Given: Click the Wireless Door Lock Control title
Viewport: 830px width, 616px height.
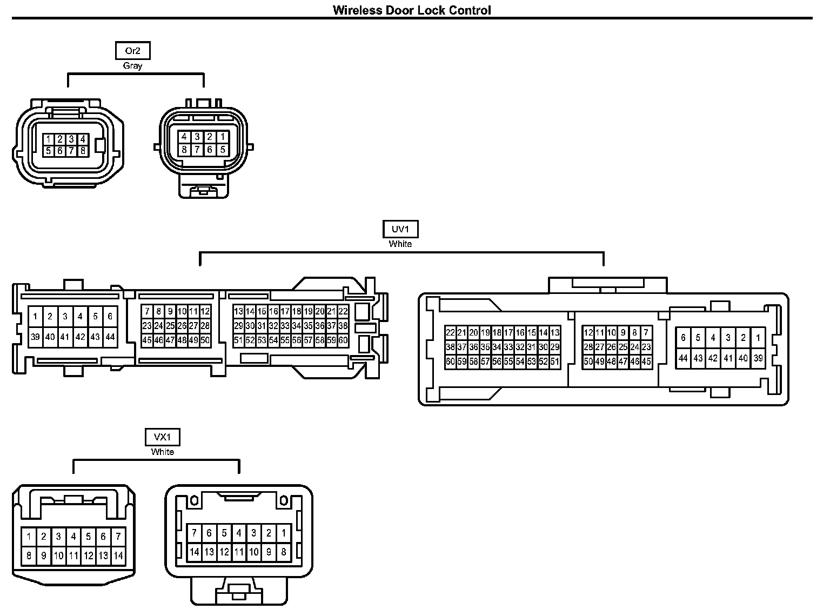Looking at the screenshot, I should pyautogui.click(x=412, y=10).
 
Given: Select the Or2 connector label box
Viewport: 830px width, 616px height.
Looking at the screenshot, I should pyautogui.click(x=132, y=51).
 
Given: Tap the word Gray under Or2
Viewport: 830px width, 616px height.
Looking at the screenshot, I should pyautogui.click(x=132, y=66).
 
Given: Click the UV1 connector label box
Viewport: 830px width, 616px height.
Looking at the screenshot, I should pyautogui.click(x=400, y=229).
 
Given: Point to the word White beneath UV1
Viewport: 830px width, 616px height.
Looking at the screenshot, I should pyautogui.click(x=400, y=244).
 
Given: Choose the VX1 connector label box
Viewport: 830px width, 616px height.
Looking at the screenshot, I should pyautogui.click(x=162, y=437).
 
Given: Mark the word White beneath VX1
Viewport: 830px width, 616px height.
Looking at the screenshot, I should pyautogui.click(x=162, y=452).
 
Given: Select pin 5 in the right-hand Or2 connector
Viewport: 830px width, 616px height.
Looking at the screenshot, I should pyautogui.click(x=223, y=150).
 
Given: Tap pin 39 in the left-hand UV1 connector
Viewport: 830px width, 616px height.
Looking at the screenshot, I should pyautogui.click(x=35, y=337).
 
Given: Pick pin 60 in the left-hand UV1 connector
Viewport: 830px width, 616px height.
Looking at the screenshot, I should pyautogui.click(x=343, y=340).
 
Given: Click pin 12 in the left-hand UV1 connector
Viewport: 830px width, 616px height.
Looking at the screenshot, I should pyautogui.click(x=205, y=311).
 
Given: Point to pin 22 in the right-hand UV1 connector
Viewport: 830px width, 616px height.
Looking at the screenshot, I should pyautogui.click(x=450, y=333).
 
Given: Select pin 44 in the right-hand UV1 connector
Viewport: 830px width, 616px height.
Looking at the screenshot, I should pyautogui.click(x=683, y=358).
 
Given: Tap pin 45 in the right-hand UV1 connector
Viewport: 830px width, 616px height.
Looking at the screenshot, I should pyautogui.click(x=646, y=362).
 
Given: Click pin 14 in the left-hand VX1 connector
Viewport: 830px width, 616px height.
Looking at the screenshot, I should pyautogui.click(x=118, y=555).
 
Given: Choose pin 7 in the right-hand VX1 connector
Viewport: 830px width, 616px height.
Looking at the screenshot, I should pyautogui.click(x=194, y=533).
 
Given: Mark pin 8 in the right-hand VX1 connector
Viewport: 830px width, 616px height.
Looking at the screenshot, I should pyautogui.click(x=284, y=552).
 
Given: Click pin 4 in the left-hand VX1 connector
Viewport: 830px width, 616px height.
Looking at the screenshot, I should pyautogui.click(x=73, y=537).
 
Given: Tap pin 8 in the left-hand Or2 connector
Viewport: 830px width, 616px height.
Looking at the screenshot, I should pyautogui.click(x=83, y=151).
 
